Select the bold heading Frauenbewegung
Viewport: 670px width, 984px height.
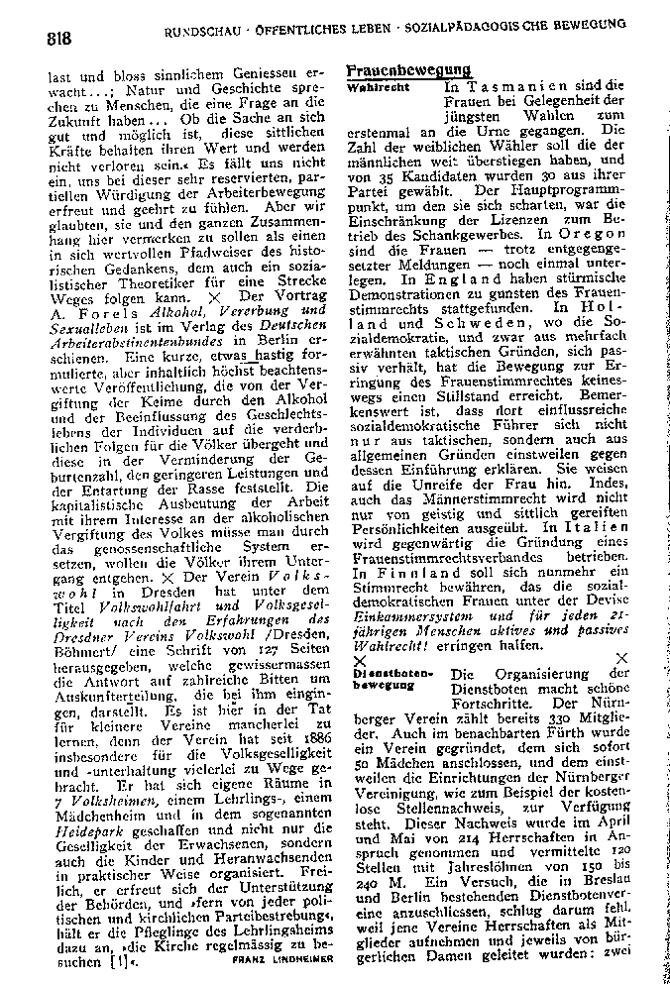tap(407, 71)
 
